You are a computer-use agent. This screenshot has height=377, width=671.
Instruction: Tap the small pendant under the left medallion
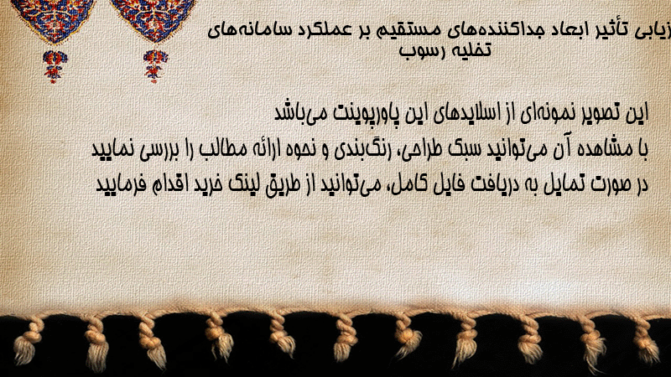coord(55,66)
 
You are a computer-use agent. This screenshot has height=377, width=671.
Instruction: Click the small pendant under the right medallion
coord(155,66)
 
